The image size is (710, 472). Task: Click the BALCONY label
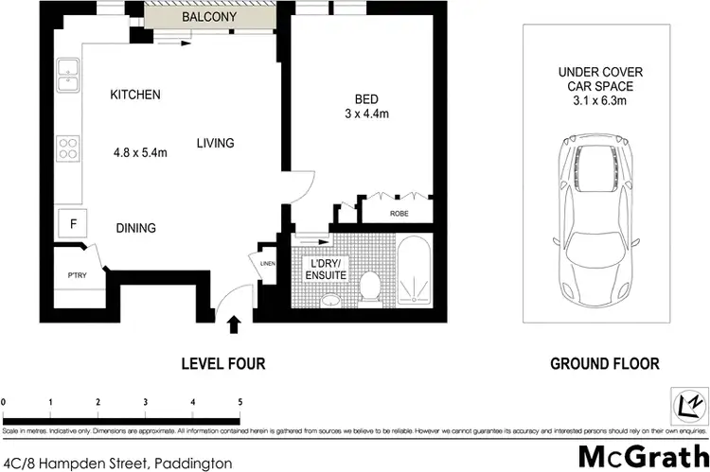tap(211, 18)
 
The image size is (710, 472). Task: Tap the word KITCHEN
tap(135, 95)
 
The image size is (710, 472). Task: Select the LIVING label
tap(215, 143)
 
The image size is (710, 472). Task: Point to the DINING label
tap(136, 228)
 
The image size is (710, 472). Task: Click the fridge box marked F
tap(72, 224)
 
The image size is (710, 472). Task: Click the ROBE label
tap(399, 215)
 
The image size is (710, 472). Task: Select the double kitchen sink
tap(69, 76)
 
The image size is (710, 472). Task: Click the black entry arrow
tap(235, 327)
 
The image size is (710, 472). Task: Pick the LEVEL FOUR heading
tap(223, 363)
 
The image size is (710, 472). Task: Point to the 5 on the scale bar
tap(240, 402)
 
